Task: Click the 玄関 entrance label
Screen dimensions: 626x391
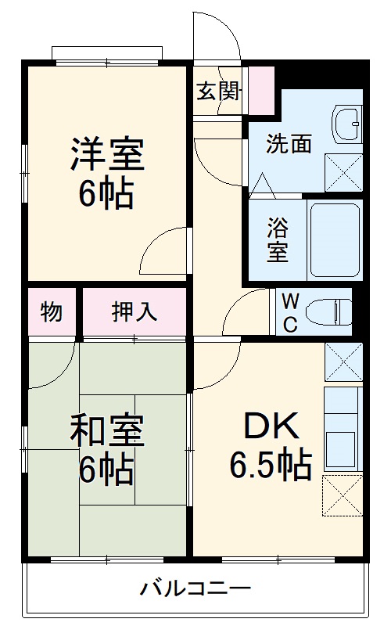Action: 217,92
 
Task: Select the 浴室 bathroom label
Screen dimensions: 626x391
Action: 277,240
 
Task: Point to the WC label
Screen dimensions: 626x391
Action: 289,312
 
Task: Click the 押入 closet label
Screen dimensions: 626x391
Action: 134,311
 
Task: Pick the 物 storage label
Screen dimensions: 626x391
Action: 52,311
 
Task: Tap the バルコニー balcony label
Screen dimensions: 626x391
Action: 195,588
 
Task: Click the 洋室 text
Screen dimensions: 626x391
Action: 107,153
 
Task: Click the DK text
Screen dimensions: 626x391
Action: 270,426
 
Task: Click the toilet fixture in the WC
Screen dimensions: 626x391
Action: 333,311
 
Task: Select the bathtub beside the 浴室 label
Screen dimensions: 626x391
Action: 334,239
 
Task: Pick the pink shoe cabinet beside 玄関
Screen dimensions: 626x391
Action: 260,92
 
